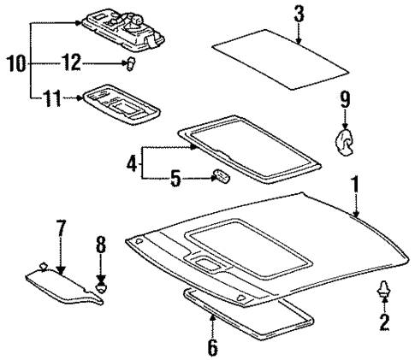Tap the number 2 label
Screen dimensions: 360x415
[x=382, y=322]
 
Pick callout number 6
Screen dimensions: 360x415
[x=211, y=347]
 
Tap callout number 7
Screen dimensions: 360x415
[x=60, y=230]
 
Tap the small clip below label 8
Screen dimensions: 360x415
[x=102, y=287]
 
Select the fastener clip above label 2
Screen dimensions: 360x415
[x=382, y=292]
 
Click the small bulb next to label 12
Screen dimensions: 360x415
[x=131, y=63]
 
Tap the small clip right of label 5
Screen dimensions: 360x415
[x=220, y=177]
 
